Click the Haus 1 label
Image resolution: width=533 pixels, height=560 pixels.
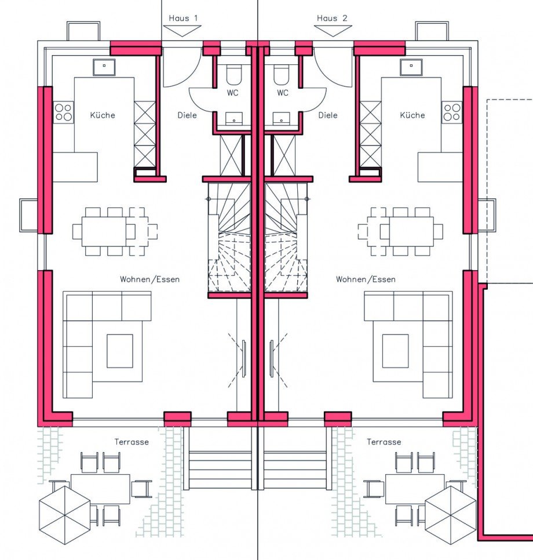pyautogui.click(x=183, y=18)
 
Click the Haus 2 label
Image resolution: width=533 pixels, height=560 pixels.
pyautogui.click(x=332, y=18)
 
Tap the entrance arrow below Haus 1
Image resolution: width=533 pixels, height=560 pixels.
pyautogui.click(x=182, y=31)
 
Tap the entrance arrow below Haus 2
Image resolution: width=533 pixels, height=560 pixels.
pyautogui.click(x=333, y=31)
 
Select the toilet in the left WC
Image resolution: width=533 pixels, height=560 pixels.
pyautogui.click(x=234, y=75)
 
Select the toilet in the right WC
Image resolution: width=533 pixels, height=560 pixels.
pyautogui.click(x=282, y=75)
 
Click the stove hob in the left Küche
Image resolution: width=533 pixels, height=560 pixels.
pyautogui.click(x=64, y=112)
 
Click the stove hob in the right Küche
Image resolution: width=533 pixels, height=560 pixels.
pyautogui.click(x=452, y=112)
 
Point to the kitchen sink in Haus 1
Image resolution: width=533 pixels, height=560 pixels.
pyautogui.click(x=104, y=67)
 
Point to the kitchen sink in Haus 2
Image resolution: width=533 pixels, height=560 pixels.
pyautogui.click(x=411, y=67)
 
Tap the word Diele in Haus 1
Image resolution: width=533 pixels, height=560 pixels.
pyautogui.click(x=187, y=115)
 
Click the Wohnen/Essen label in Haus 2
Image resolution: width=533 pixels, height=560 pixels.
pyautogui.click(x=366, y=279)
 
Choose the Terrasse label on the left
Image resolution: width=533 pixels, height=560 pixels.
pyautogui.click(x=132, y=442)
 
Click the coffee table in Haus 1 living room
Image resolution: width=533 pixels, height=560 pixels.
pyautogui.click(x=120, y=351)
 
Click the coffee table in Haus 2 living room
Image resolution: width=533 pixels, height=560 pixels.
pyautogui.click(x=396, y=351)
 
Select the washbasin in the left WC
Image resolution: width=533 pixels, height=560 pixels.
pyautogui.click(x=234, y=118)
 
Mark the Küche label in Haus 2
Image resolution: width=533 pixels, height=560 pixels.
pyautogui.click(x=412, y=115)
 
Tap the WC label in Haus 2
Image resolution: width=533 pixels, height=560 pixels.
pyautogui.click(x=282, y=93)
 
